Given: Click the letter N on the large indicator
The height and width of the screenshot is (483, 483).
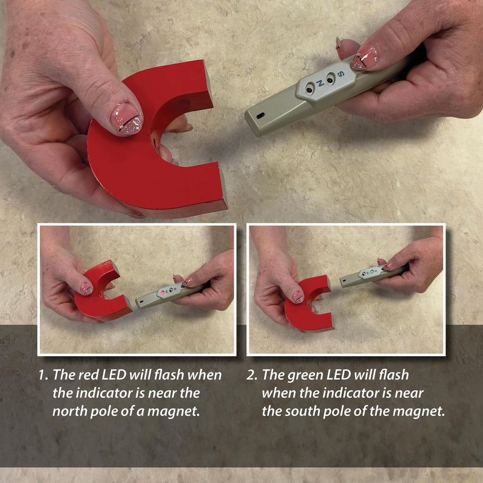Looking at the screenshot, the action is [x=320, y=83].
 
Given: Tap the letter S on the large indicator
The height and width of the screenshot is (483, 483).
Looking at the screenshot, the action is [x=341, y=74].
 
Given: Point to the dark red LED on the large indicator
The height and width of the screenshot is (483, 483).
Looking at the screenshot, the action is [x=309, y=89].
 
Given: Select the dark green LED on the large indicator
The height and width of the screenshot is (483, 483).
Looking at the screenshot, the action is [x=330, y=80].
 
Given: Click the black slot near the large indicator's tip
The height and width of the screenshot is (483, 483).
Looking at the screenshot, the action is [x=261, y=115].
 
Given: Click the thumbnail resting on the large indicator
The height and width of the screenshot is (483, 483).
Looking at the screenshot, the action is [x=364, y=57].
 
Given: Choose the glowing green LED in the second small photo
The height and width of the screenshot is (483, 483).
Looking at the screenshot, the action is [x=372, y=272].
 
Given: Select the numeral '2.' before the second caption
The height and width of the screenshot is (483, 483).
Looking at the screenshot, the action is [x=252, y=375].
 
